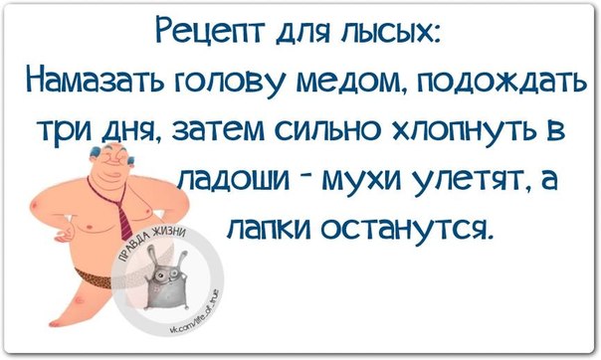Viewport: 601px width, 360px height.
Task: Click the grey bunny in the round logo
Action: [166, 277]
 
